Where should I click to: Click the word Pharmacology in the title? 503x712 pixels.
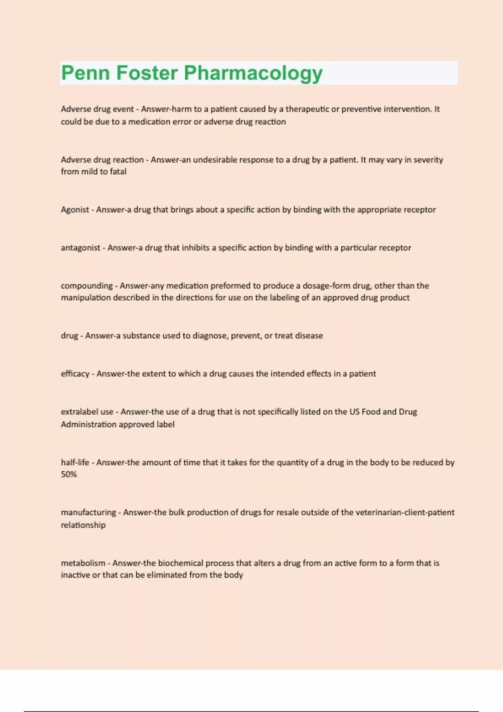pyautogui.click(x=253, y=74)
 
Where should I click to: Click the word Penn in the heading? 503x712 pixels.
pyautogui.click(x=86, y=73)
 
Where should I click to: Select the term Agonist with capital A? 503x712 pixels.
pyautogui.click(x=75, y=210)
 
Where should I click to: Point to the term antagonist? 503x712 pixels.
pyautogui.click(x=80, y=248)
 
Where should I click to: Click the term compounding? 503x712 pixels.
pyautogui.click(x=87, y=286)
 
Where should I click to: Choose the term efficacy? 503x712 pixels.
pyautogui.click(x=75, y=374)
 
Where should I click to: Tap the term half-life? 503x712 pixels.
pyautogui.click(x=75, y=462)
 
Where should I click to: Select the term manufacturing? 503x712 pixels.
pyautogui.click(x=88, y=513)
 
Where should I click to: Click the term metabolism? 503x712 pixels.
pyautogui.click(x=83, y=563)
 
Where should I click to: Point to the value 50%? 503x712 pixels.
pyautogui.click(x=69, y=475)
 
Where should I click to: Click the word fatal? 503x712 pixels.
pyautogui.click(x=118, y=172)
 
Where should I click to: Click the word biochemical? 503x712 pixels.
pyautogui.click(x=181, y=563)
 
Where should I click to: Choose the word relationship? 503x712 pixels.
pyautogui.click(x=83, y=525)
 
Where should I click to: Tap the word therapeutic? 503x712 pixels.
pyautogui.click(x=307, y=109)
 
